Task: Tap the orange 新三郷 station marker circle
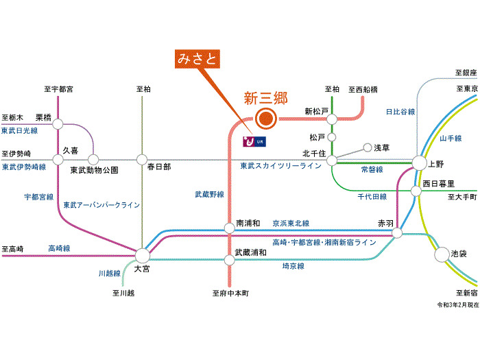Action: coord(265,119)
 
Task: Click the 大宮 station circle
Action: coord(143,254)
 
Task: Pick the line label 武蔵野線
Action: coord(209,195)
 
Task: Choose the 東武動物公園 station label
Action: coord(94,170)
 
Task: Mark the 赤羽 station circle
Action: coord(397,234)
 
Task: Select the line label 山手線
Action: coord(451,138)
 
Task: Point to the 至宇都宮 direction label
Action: coord(58,89)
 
